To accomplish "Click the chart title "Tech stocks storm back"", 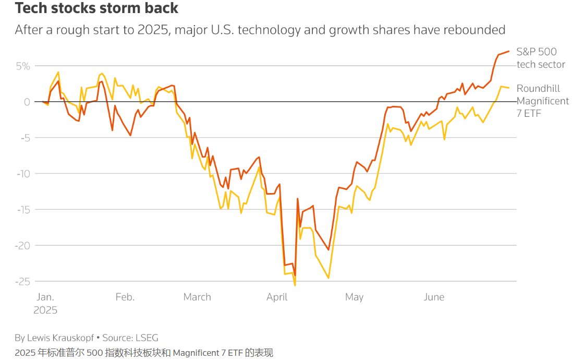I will click(96, 8).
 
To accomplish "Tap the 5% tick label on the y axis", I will click(22, 66).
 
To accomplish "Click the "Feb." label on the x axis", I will click(125, 297).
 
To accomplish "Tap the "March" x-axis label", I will click(197, 297).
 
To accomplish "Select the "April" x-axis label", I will click(277, 297).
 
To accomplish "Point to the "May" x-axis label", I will click(354, 297).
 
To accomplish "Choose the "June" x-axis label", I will click(434, 297).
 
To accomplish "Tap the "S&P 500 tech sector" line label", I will click(540, 58).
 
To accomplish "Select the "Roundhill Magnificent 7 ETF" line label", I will click(542, 101).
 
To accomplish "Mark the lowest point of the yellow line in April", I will click(295, 285).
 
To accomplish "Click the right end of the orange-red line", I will click(508, 51).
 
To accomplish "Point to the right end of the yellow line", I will click(508, 88).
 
